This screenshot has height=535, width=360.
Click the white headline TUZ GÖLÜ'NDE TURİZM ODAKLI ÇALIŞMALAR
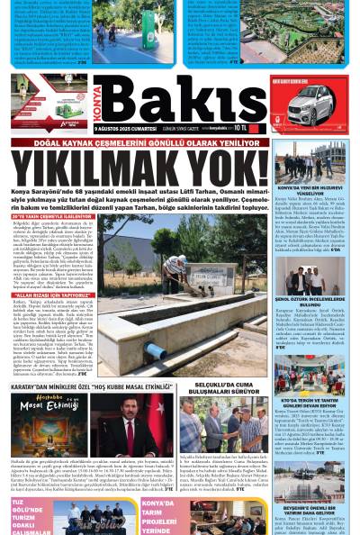coord(21,518)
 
